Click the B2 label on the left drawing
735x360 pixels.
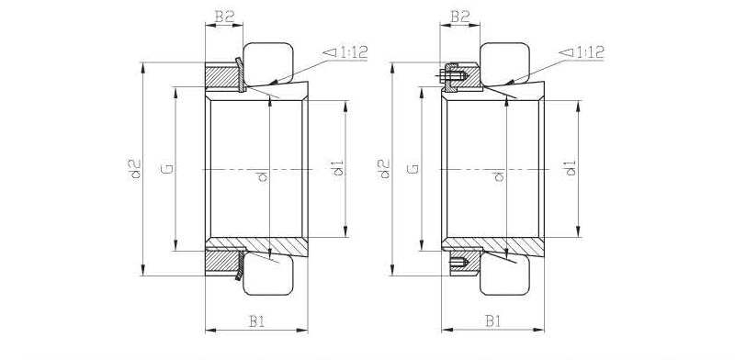[224, 17]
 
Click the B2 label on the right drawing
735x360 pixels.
[460, 17]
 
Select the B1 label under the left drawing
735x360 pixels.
[257, 321]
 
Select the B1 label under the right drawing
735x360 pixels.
[492, 321]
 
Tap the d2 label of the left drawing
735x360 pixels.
[135, 169]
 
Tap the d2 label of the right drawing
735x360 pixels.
[384, 169]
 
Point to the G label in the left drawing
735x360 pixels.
[168, 169]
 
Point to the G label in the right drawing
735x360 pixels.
[413, 169]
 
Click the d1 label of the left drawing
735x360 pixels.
[338, 168]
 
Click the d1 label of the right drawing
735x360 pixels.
[571, 168]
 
